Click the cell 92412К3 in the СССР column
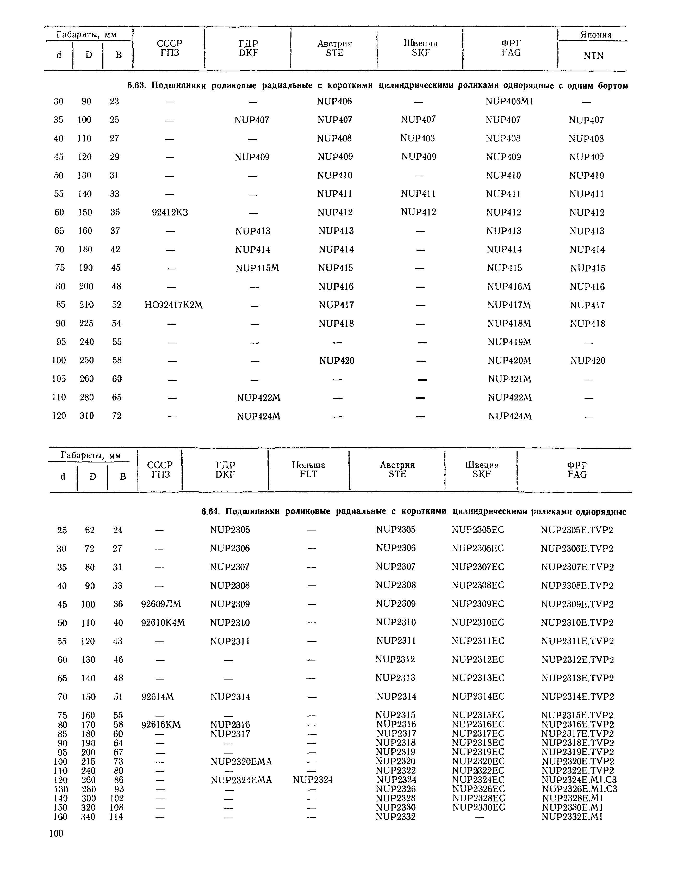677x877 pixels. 170,212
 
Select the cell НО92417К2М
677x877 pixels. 173,305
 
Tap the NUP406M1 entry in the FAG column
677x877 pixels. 509,101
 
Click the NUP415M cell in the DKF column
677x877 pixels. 257,268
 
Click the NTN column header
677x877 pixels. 593,55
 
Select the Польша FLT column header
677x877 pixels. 308,470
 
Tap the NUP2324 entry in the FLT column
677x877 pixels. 313,779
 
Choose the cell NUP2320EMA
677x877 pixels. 241,761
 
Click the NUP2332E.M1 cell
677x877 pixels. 572,816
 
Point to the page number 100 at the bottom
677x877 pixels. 56,833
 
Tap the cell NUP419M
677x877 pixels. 509,342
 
